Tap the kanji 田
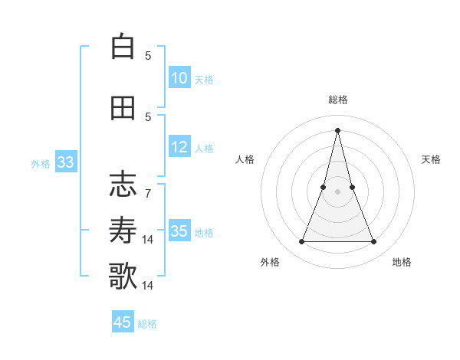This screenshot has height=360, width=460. click(123, 107)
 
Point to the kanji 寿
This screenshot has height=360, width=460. click(123, 229)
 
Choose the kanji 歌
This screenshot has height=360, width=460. click(123, 276)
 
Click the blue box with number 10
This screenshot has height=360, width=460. click(179, 78)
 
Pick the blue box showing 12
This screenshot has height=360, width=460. click(179, 148)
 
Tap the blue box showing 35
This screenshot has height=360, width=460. click(179, 231)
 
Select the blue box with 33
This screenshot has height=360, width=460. click(65, 162)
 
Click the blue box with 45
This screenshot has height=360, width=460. click(123, 322)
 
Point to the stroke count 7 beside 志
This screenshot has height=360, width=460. click(148, 193)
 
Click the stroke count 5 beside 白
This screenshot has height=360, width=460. click(148, 55)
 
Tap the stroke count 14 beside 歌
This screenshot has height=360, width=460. click(148, 286)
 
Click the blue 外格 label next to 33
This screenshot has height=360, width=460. click(41, 163)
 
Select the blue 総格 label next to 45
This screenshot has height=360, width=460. click(147, 323)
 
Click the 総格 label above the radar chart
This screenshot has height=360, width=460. click(338, 100)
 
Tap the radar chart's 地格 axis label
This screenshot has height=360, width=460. click(402, 262)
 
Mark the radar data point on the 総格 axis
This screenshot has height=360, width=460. click(337, 129)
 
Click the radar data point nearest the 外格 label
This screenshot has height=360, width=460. click(302, 242)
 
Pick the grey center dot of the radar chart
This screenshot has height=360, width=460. click(337, 191)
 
